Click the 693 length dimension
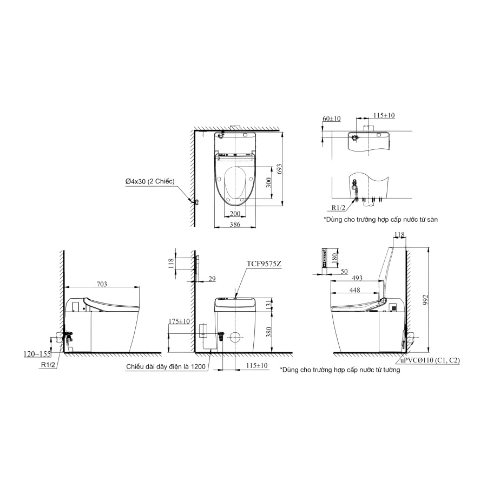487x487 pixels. (x=279, y=169)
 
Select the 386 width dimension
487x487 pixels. (x=235, y=224)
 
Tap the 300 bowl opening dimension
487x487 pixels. (x=269, y=182)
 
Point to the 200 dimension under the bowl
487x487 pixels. (x=235, y=214)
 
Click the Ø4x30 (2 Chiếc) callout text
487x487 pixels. (x=150, y=181)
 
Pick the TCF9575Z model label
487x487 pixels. (x=264, y=264)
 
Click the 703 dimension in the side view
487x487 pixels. (x=102, y=284)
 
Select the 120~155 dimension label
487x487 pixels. (x=37, y=354)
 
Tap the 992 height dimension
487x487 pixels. (x=426, y=300)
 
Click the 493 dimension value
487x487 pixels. (x=358, y=278)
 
